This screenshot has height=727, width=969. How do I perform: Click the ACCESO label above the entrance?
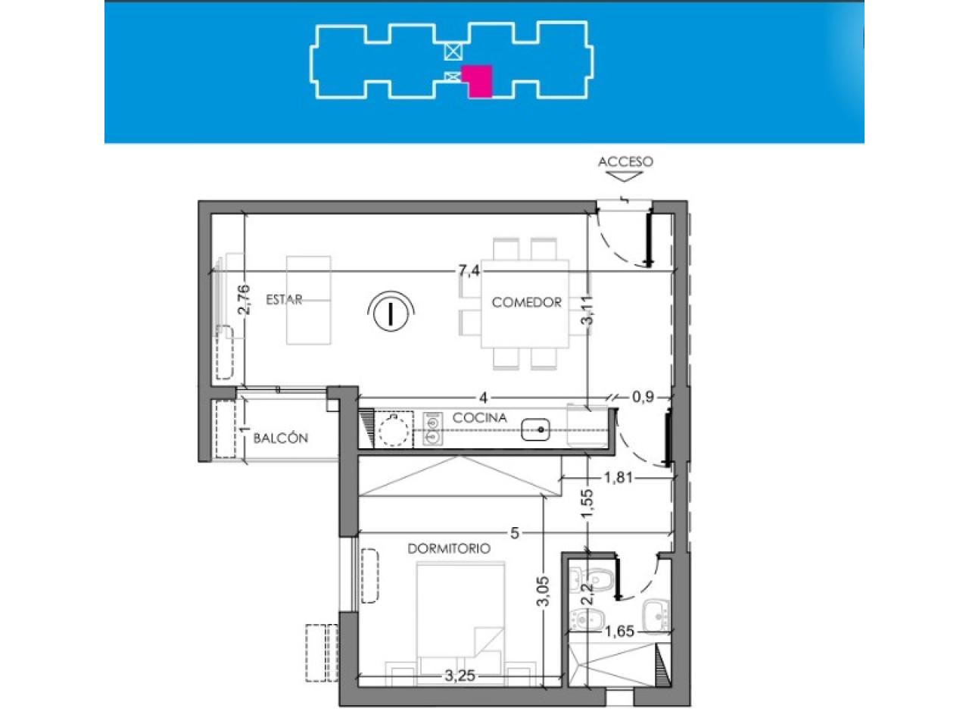click(x=625, y=161)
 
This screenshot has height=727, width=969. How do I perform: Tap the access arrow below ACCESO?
click(x=625, y=176)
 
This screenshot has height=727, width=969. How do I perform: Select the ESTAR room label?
click(x=284, y=300)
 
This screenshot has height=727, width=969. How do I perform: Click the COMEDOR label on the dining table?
click(x=527, y=302)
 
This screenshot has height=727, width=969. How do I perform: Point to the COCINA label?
click(x=480, y=417)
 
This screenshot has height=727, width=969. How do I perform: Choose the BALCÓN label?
click(x=280, y=438)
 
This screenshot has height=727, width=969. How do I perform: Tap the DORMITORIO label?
click(x=449, y=549)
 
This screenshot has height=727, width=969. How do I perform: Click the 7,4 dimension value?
click(x=469, y=270)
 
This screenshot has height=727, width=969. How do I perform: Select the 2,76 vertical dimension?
click(x=244, y=300)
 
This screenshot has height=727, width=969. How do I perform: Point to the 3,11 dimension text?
click(x=588, y=310)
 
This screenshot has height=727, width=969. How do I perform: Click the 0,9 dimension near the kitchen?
click(x=643, y=397)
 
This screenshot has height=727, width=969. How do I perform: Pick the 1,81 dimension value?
click(x=618, y=477)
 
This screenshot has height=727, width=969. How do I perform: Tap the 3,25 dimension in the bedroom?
click(x=460, y=676)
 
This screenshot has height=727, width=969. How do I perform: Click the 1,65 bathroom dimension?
click(x=619, y=632)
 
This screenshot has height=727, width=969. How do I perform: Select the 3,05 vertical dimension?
click(x=544, y=591)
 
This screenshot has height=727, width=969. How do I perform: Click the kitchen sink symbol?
click(x=535, y=430)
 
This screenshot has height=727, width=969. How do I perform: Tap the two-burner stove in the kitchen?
click(x=432, y=429)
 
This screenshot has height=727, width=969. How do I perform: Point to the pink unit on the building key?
click(x=478, y=81)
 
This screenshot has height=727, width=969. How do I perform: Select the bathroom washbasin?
click(x=656, y=616)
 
